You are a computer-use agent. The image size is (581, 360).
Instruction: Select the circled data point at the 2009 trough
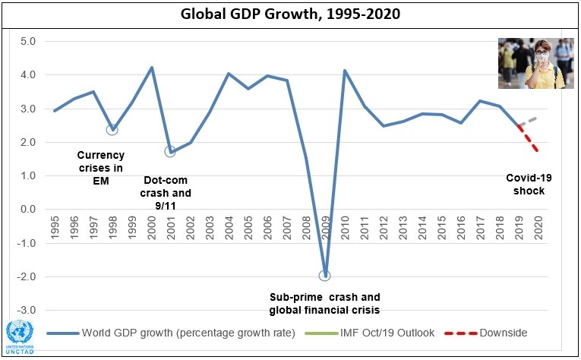point(325,276)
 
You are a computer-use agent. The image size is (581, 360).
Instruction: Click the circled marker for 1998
point(112,129)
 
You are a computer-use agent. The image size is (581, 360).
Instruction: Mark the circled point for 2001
point(170,151)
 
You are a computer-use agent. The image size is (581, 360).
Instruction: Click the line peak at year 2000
point(151,68)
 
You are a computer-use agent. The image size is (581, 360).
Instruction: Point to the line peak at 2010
point(345,71)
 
